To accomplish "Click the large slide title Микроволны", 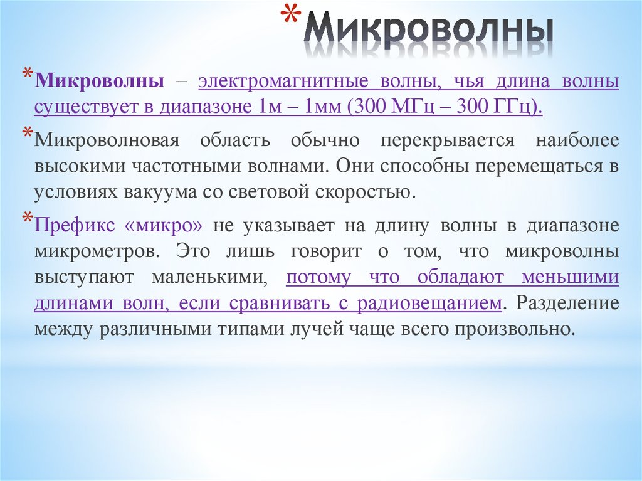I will click(x=433, y=32).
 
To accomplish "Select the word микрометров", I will click(x=93, y=252).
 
